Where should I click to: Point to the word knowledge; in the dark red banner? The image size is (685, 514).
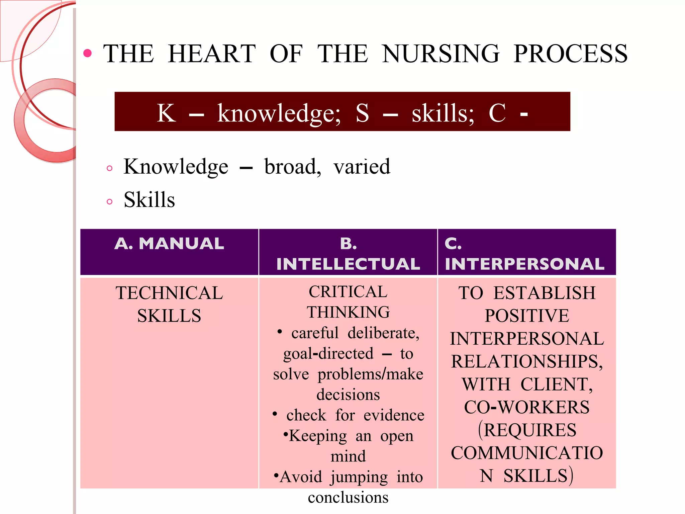[x=279, y=113]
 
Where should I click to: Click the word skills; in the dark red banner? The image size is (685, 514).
[x=443, y=113]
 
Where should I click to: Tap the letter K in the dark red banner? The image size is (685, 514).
[x=166, y=113]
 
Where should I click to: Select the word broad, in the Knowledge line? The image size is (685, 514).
[x=293, y=166]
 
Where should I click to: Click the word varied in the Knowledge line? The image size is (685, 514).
[x=362, y=166]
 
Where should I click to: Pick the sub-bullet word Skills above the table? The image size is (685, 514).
[x=149, y=200]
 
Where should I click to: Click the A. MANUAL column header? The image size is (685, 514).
[x=169, y=243]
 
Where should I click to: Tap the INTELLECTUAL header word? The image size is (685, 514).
[x=348, y=264]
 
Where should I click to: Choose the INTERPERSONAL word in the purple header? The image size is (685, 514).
[x=524, y=264]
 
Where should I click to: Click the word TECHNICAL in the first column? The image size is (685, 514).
[x=169, y=293]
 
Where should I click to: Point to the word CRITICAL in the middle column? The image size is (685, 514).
[x=348, y=292]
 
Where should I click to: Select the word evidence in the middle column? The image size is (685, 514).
[x=394, y=415]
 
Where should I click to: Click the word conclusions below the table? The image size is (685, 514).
[x=348, y=498]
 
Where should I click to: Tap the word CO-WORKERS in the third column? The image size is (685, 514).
[x=527, y=407]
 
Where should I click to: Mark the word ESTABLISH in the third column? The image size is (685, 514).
[x=545, y=293]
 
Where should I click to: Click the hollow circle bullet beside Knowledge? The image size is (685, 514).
[x=109, y=168]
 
